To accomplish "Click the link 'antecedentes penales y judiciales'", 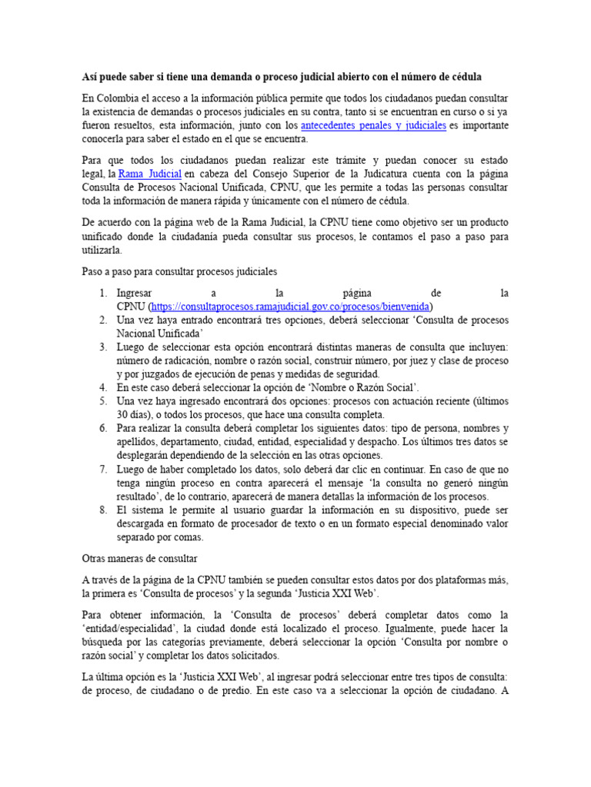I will (x=373, y=125).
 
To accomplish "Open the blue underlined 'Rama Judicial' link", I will (x=150, y=174).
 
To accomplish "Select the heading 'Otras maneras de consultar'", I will (x=140, y=557).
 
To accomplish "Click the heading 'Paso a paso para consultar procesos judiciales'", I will (x=179, y=272).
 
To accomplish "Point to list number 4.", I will (x=103, y=387).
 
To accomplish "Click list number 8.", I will (x=103, y=510).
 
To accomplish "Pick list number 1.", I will (x=103, y=294).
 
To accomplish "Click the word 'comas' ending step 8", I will (x=188, y=537).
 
